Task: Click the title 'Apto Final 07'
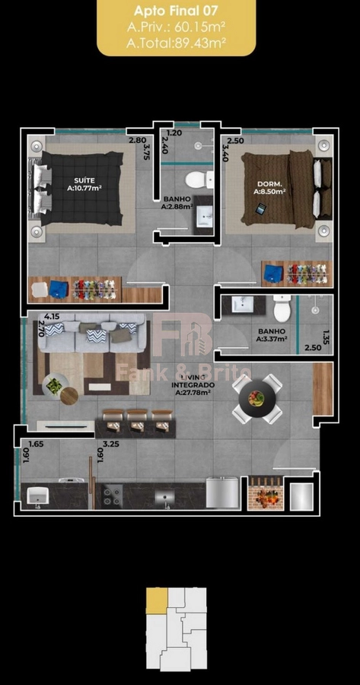pyautogui.click(x=176, y=11)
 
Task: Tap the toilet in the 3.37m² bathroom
pyautogui.click(x=282, y=308)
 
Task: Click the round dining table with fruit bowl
pyautogui.click(x=257, y=398)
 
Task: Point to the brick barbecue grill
pyautogui.click(x=266, y=493)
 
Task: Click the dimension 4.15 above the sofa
pyautogui.click(x=52, y=317)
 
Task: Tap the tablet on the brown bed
pyautogui.click(x=260, y=209)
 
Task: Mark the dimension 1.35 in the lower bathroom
pyautogui.click(x=325, y=337)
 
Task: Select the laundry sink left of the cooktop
pyautogui.click(x=37, y=495)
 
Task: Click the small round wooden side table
pyautogui.click(x=69, y=397)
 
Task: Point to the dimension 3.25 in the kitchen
pyautogui.click(x=110, y=444)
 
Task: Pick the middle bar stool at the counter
pyautogui.click(x=137, y=421)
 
